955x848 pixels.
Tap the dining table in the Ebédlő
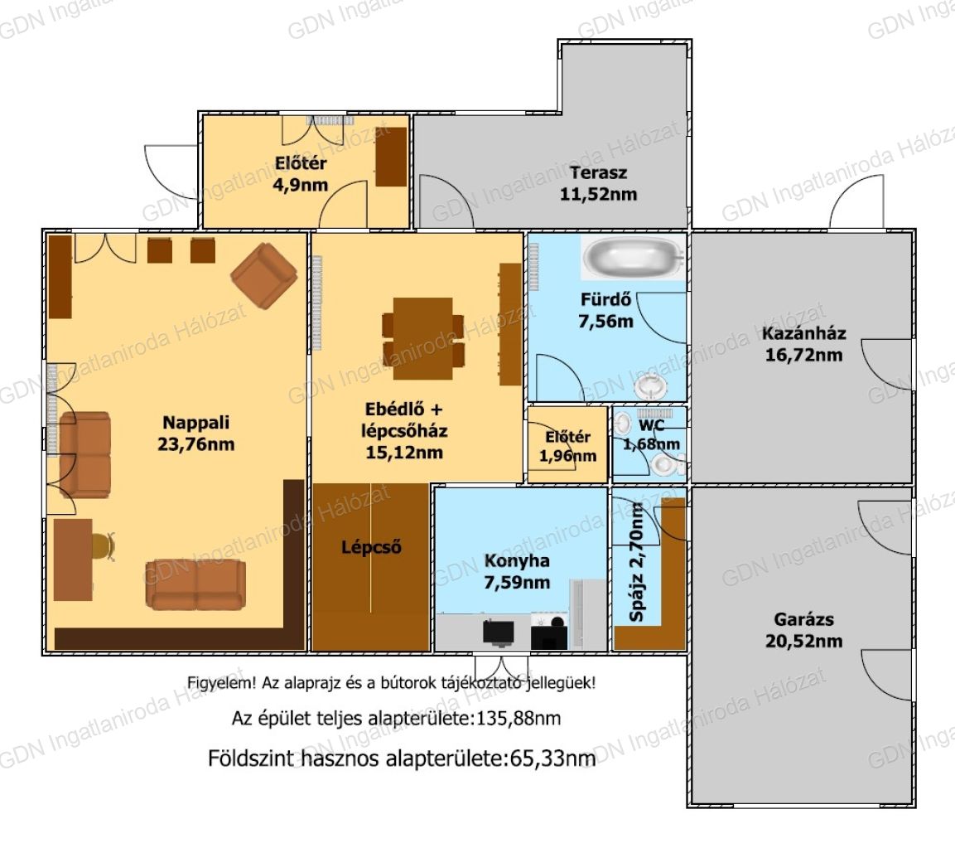coord(423,338)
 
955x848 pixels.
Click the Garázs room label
coord(803,630)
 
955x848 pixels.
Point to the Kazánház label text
coord(804,333)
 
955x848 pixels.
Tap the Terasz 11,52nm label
coord(598,183)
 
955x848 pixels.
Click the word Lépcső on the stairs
coord(371,547)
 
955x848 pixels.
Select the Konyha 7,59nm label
coord(517,571)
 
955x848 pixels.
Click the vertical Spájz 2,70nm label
coord(636,562)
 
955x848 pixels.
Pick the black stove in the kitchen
coord(549,632)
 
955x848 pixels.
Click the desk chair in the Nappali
coord(104,546)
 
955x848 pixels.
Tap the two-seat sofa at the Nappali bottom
coord(195,584)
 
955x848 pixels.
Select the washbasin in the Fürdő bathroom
coord(651,386)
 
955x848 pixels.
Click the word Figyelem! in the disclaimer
coord(221,683)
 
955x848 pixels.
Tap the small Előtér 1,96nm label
coord(567,446)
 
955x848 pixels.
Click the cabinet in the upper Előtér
coord(391,157)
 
